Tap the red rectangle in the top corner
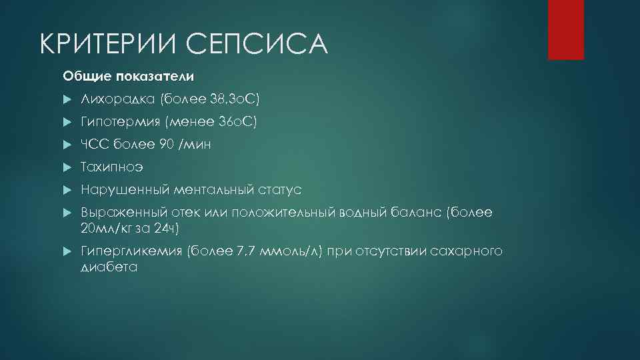565,29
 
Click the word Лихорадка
117,99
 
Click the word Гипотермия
120,122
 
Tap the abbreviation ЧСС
94,145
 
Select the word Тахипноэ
111,167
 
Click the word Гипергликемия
131,251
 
